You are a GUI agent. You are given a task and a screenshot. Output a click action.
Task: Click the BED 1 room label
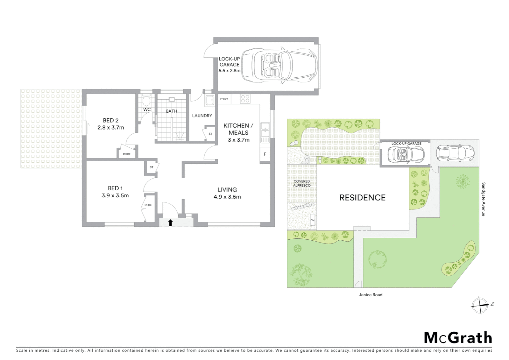115,188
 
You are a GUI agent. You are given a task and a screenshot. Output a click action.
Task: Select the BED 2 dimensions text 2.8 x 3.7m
111,127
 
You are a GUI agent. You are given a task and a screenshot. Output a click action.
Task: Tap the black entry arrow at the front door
171,223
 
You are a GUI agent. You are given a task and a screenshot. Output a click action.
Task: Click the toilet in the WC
146,101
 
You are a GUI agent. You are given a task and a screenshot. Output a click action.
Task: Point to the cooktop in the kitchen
246,99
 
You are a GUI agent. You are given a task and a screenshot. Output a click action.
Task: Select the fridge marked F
265,154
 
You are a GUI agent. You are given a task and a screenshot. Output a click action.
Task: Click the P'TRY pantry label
224,99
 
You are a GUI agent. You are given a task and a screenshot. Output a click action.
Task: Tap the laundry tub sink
210,100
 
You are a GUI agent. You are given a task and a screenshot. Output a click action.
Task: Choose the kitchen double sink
265,131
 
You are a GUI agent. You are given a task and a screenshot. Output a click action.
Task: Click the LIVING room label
227,190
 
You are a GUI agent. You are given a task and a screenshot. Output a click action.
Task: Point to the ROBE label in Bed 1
148,205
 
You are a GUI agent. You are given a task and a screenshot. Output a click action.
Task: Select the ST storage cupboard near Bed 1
151,167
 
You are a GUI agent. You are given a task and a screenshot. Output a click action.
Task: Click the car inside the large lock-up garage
278,65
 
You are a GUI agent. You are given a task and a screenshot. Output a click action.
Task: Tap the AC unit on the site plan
312,220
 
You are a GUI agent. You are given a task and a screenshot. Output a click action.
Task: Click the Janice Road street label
370,295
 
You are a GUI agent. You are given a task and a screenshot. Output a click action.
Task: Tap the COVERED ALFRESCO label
302,183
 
